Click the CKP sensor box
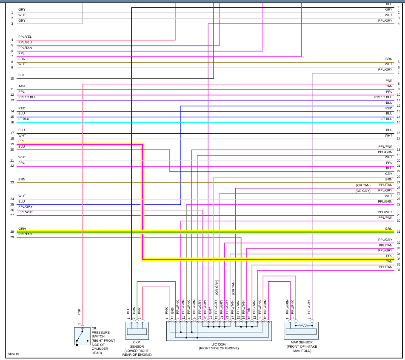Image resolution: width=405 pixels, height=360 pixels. click(x=137, y=331)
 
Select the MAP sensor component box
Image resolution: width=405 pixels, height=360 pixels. click(x=301, y=331)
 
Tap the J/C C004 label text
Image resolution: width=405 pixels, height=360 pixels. click(x=219, y=344)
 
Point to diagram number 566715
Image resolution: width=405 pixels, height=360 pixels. click(x=14, y=354)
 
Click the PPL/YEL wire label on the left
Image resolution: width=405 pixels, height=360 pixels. click(x=25, y=37)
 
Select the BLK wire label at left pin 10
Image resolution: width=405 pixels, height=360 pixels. click(x=21, y=75)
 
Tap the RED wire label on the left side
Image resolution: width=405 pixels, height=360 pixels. click(x=22, y=109)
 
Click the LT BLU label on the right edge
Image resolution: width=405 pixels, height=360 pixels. click(x=387, y=119)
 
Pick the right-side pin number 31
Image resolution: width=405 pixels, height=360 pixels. click(x=399, y=232)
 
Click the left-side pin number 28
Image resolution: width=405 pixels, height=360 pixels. click(x=12, y=232)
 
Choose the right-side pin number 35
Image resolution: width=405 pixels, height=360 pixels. click(x=399, y=259)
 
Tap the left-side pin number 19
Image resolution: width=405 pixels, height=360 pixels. click(x=12, y=144)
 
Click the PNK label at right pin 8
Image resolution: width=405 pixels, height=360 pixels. click(x=389, y=80)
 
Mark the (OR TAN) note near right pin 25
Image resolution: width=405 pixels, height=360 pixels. click(x=363, y=185)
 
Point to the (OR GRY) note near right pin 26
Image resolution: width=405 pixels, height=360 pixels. click(x=363, y=191)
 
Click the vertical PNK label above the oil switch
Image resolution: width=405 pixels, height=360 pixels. click(x=80, y=312)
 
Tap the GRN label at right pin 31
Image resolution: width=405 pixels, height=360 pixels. click(x=389, y=229)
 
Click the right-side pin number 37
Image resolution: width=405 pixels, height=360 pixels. click(x=399, y=270)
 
